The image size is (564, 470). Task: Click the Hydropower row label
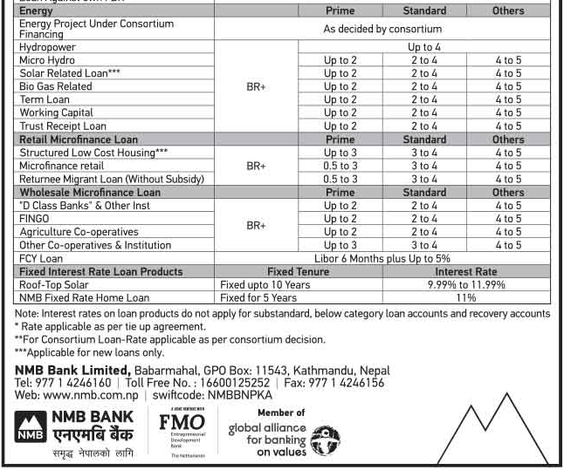pyautogui.click(x=47, y=47)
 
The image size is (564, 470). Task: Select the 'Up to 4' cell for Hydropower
pyautogui.click(x=424, y=47)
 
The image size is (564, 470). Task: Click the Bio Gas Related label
pyautogui.click(x=55, y=86)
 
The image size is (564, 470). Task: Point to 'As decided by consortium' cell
pyautogui.click(x=382, y=29)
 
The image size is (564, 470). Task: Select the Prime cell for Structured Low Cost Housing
pyautogui.click(x=340, y=153)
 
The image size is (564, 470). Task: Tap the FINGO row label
pyautogui.click(x=34, y=219)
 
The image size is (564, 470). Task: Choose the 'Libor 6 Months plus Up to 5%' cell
pyautogui.click(x=382, y=258)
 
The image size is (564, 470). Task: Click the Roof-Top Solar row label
pyautogui.click(x=53, y=284)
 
